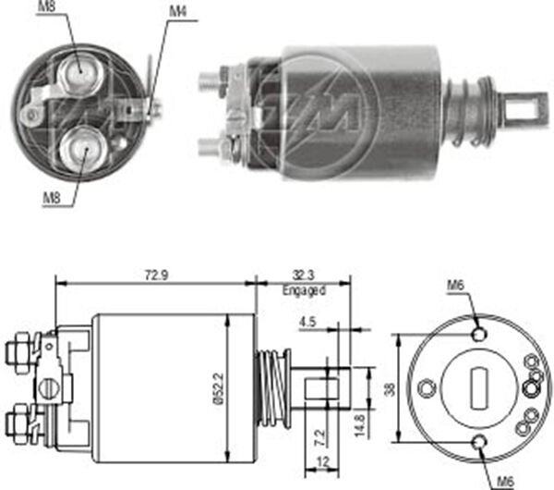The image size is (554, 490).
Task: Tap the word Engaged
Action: point(304,290)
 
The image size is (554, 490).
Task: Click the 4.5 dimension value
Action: point(308,323)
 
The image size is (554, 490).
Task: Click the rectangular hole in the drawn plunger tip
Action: point(326,386)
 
